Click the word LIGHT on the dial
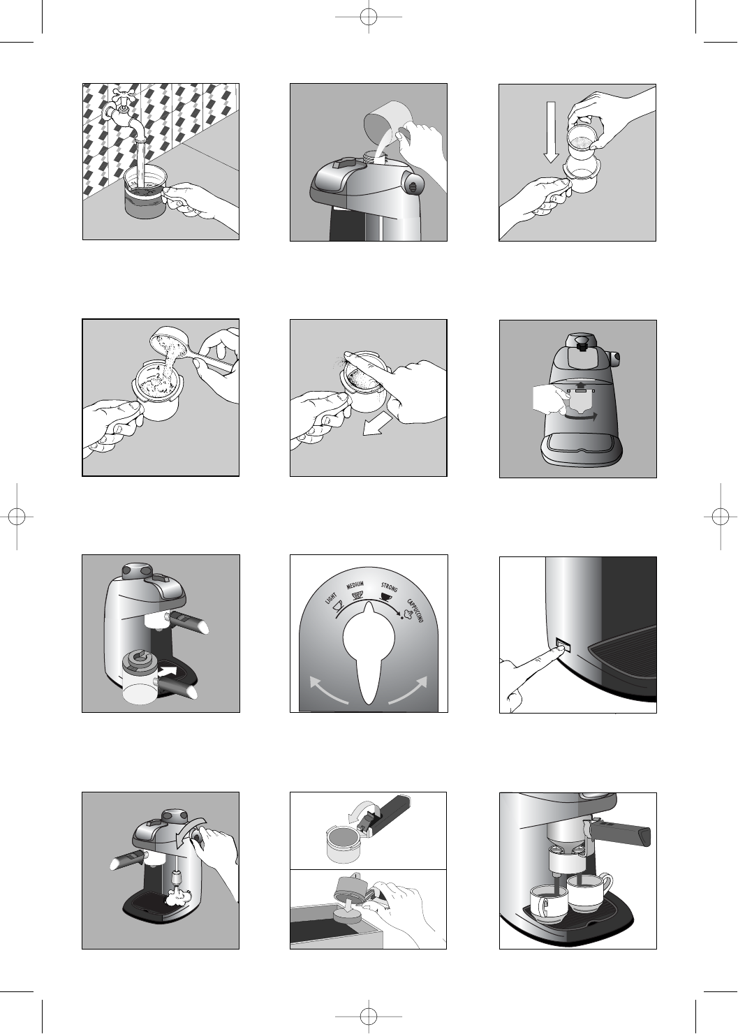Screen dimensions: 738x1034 (330, 599)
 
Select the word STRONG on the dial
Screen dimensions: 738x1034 (389, 588)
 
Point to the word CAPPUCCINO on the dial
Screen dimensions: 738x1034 (415, 611)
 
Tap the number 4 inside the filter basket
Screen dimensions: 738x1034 (158, 368)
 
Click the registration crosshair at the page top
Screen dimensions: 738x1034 (369, 17)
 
